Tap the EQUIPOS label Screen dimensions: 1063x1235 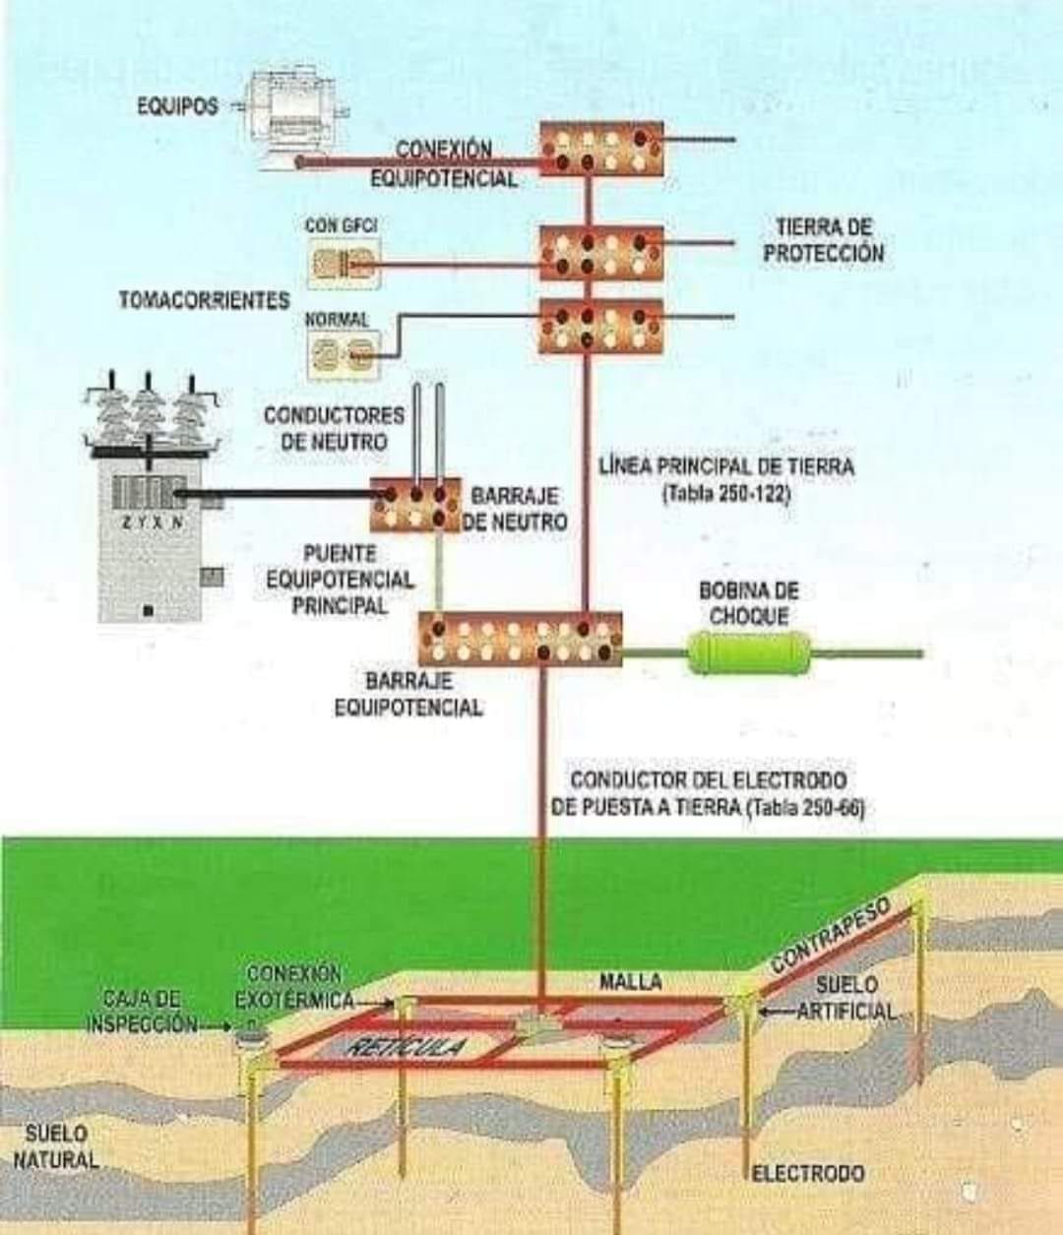178,107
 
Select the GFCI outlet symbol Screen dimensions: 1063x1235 345,263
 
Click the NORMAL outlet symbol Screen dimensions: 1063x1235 344,354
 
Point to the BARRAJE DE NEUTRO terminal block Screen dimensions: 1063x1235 415,505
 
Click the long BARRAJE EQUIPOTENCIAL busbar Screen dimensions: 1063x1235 520,640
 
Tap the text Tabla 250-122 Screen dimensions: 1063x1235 726,495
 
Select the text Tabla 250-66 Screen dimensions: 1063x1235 805,808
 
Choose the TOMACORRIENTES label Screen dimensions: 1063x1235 205,300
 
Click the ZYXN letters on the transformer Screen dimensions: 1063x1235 153,523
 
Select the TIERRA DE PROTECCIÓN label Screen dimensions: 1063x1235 824,240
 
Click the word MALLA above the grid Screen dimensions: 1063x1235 630,981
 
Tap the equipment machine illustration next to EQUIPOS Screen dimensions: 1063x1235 292,113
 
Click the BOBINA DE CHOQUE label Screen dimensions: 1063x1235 749,603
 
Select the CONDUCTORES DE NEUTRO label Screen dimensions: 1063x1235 334,428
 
